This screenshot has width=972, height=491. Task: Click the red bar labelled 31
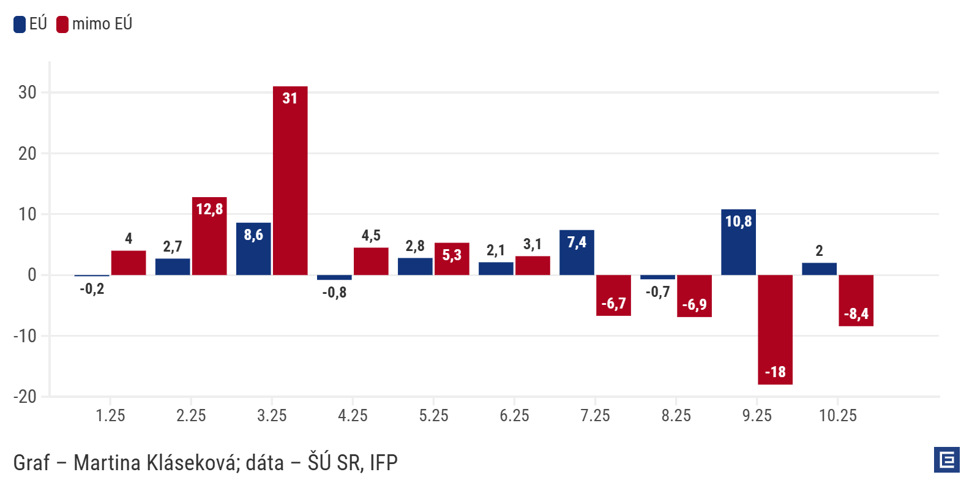pyautogui.click(x=290, y=181)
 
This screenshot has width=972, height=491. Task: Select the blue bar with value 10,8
pyautogui.click(x=738, y=242)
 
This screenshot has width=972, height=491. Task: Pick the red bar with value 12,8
pyautogui.click(x=209, y=236)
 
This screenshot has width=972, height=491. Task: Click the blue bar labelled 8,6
pyautogui.click(x=253, y=249)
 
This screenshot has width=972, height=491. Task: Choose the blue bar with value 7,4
pyautogui.click(x=577, y=252)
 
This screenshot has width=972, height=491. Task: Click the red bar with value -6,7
pyautogui.click(x=613, y=295)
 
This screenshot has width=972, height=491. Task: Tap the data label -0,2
pyautogui.click(x=92, y=289)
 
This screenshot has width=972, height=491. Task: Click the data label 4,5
pyautogui.click(x=371, y=236)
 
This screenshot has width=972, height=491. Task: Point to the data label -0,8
pyautogui.click(x=334, y=293)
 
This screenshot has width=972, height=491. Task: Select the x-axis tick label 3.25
pyautogui.click(x=272, y=416)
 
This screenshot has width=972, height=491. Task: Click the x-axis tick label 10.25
pyautogui.click(x=838, y=416)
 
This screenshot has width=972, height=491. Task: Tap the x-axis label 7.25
pyautogui.click(x=595, y=416)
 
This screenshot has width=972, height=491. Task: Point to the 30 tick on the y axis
pyautogui.click(x=28, y=92)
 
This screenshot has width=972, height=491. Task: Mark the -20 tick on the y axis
pyautogui.click(x=25, y=397)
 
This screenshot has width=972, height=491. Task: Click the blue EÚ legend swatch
pyautogui.click(x=20, y=24)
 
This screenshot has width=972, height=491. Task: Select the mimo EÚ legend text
pyautogui.click(x=102, y=24)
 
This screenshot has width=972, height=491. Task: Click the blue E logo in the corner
pyautogui.click(x=946, y=460)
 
